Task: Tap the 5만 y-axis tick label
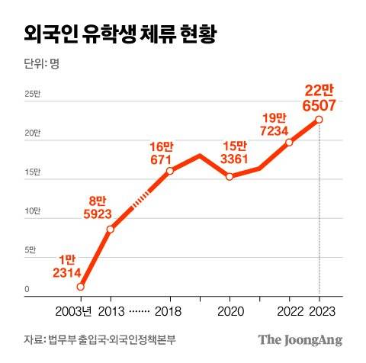[x=31, y=251]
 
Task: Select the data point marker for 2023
[x=319, y=120]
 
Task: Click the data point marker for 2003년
[x=81, y=287]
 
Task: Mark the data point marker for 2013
[x=111, y=229]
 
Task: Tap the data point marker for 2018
[x=169, y=171]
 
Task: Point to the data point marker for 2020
[x=230, y=177]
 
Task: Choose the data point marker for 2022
[x=289, y=142]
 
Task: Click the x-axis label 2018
[x=169, y=313]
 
